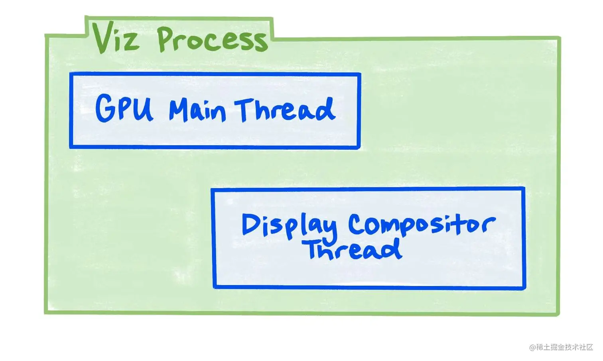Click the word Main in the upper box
coord(197,110)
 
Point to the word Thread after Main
coord(285,109)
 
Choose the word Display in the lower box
coord(289,226)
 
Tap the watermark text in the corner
coord(561,347)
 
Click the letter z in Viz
coord(131,41)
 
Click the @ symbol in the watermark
coord(532,347)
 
